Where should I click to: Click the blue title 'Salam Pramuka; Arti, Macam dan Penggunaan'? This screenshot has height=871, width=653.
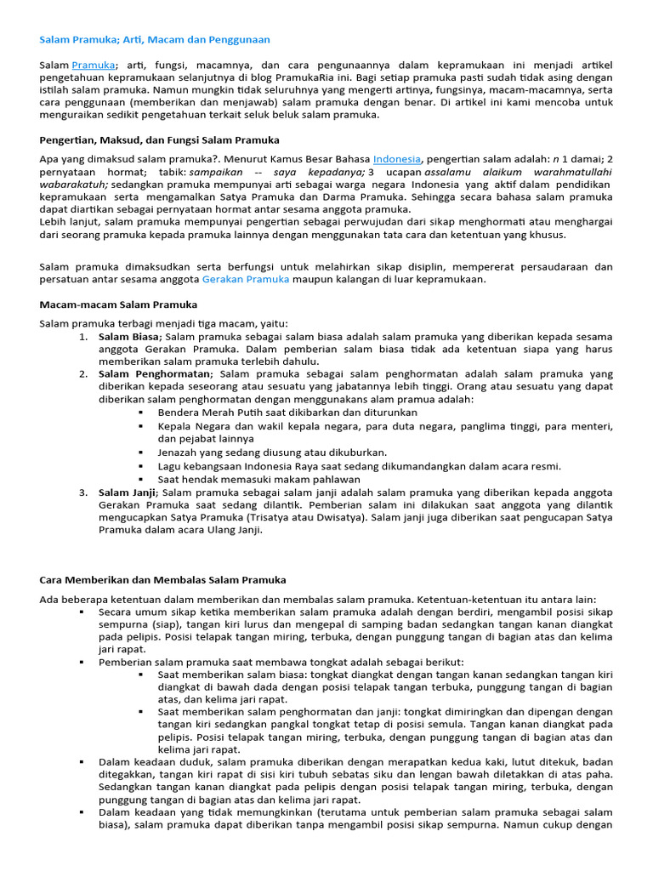click(x=155, y=39)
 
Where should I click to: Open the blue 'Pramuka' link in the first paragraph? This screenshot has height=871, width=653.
click(x=93, y=65)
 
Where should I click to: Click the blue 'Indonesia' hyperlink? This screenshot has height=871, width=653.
click(x=396, y=158)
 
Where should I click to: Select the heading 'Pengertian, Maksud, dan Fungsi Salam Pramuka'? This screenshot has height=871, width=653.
click(x=160, y=139)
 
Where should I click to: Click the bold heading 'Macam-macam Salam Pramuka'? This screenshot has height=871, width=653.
click(x=118, y=304)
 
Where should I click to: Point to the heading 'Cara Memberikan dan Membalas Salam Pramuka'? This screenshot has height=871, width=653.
click(x=163, y=579)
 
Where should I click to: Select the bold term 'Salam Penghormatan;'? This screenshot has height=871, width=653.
click(x=156, y=373)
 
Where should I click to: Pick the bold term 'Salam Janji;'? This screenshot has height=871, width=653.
click(x=128, y=492)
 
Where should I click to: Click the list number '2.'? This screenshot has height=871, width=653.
click(x=83, y=373)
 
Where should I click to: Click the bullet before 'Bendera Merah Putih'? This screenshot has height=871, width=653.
click(x=140, y=412)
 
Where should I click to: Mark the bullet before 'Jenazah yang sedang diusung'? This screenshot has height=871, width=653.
click(x=140, y=453)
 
